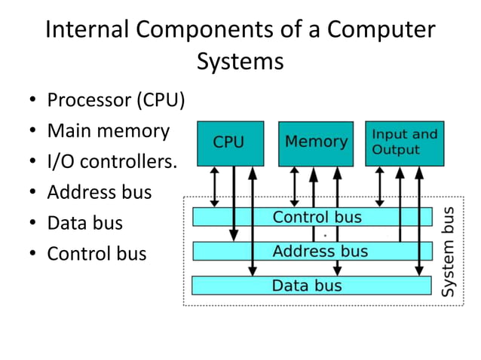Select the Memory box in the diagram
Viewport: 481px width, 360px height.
point(316,143)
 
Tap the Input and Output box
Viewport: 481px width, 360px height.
point(404,143)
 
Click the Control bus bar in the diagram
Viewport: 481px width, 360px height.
point(317,218)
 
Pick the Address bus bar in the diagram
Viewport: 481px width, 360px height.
point(317,251)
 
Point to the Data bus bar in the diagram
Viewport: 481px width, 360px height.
point(317,285)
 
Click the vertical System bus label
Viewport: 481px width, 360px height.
point(448,251)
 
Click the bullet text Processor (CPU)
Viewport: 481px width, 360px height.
point(115,100)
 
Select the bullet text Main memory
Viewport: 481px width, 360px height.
point(108,131)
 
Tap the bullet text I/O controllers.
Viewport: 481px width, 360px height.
point(112,162)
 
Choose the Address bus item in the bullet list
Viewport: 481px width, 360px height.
point(99,193)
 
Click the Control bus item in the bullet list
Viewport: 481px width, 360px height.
point(97,255)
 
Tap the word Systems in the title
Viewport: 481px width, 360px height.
point(240,62)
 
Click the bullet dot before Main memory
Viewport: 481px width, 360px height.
point(33,132)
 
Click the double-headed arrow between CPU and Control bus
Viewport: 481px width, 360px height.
point(215,186)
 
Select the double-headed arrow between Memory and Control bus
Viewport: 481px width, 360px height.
point(295,186)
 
